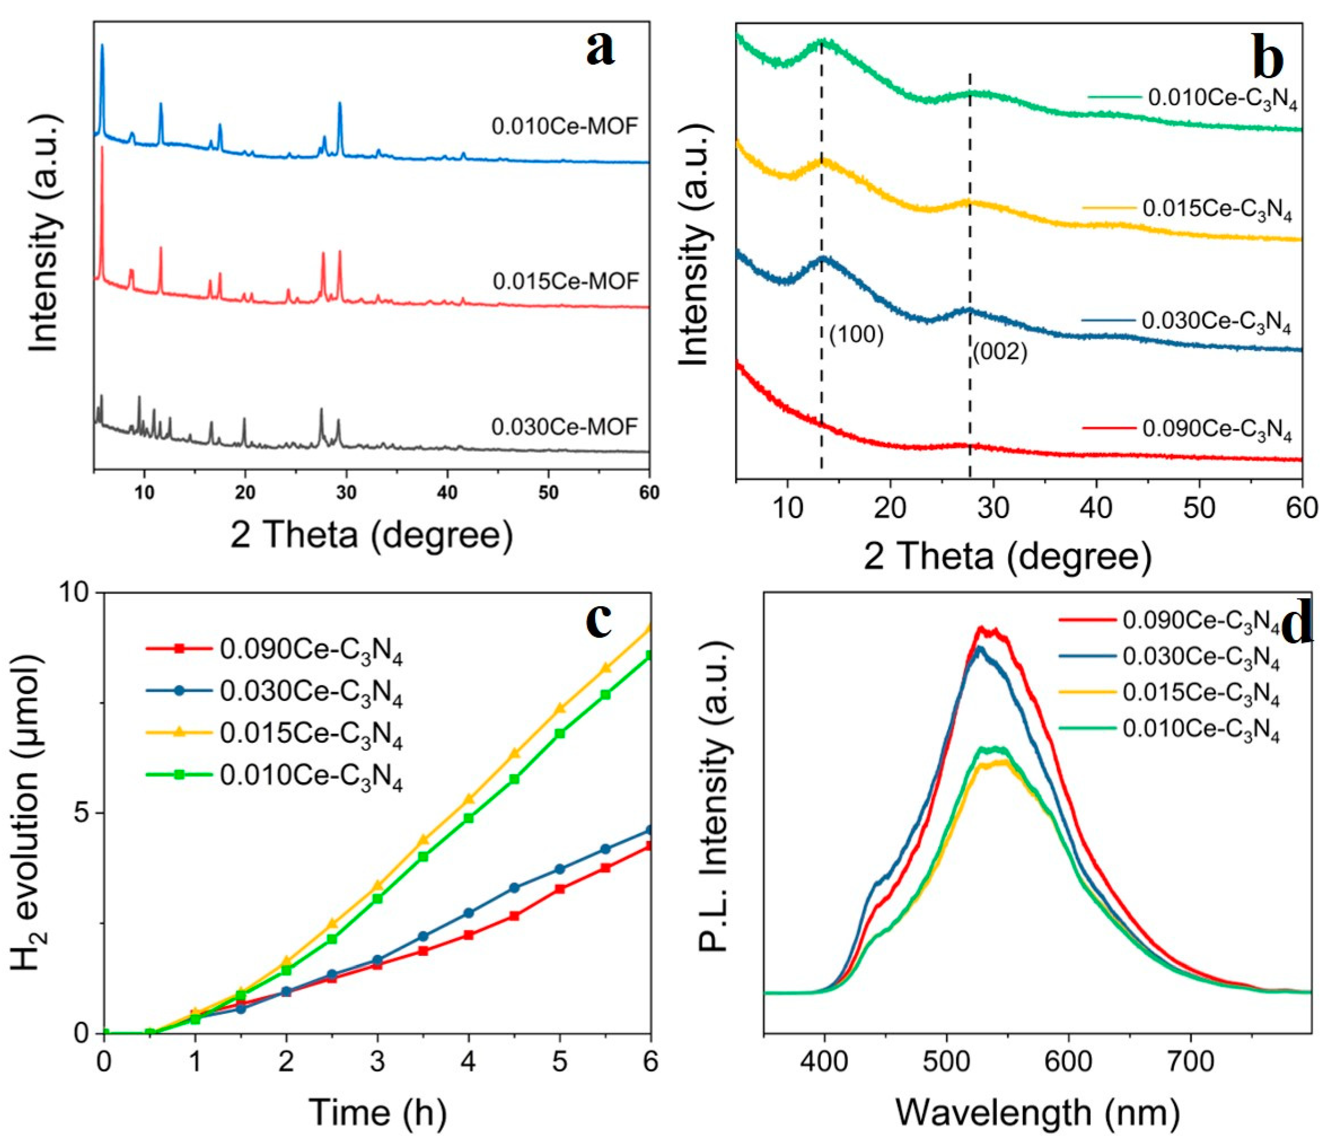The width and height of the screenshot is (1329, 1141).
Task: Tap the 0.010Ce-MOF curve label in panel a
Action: pos(565,126)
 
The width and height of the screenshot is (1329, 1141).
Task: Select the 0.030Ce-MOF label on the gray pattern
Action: pos(565,426)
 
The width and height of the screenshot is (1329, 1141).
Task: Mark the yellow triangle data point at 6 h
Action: pos(650,628)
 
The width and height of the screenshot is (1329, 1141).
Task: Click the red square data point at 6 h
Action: pos(650,846)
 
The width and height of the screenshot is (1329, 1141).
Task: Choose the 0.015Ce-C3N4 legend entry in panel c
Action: pos(311,735)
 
